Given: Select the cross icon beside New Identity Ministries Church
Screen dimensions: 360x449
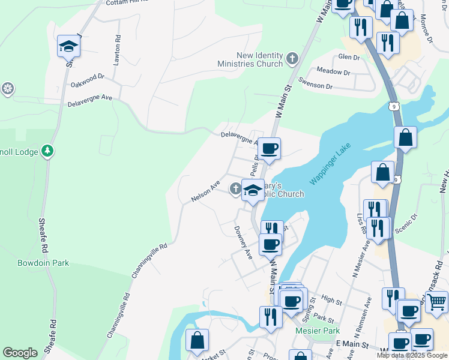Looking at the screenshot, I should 292,58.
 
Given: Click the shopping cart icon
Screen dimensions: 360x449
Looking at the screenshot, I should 438,301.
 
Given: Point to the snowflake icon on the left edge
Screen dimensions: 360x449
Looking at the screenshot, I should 7,89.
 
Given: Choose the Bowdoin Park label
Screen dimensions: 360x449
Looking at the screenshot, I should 43,263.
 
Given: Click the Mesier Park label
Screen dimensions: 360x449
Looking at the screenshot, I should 318,331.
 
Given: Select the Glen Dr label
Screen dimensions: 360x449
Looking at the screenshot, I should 349,57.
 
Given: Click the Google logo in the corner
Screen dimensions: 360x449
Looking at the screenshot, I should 20,353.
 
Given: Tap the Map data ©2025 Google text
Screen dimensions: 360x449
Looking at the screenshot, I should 411,355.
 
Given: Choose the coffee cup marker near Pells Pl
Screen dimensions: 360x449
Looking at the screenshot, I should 270,148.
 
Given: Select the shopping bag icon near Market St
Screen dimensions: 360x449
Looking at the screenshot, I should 197,341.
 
